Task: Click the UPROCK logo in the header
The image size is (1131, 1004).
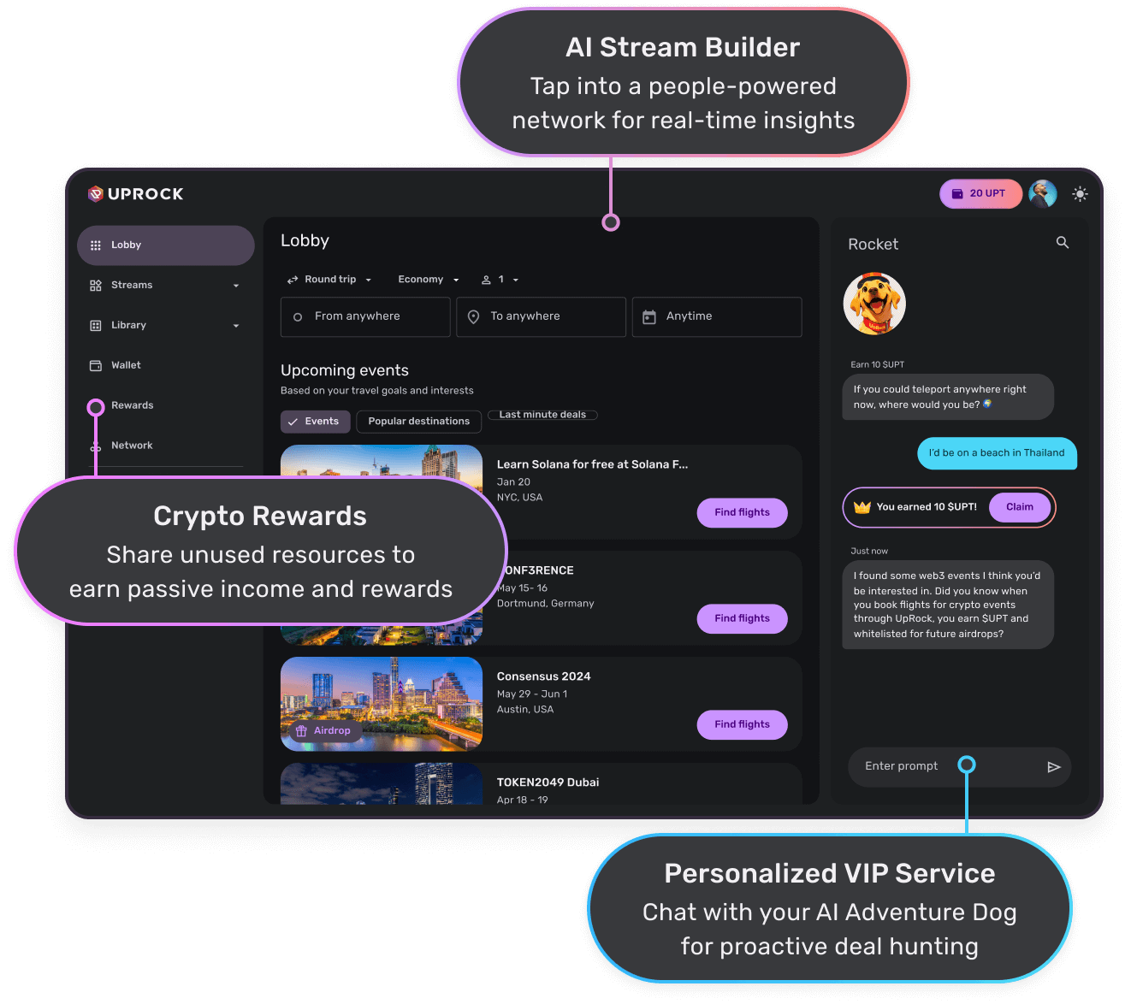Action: (x=136, y=194)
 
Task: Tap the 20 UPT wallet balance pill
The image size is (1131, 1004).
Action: (x=980, y=194)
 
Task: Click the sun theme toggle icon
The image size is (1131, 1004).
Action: (x=1080, y=194)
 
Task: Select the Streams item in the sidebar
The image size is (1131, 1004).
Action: (x=132, y=286)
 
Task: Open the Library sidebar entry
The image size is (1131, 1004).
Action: (x=128, y=326)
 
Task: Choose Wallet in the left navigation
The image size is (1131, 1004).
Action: (x=126, y=366)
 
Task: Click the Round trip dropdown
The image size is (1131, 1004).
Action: (x=329, y=280)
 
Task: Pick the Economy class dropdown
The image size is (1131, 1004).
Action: (x=428, y=280)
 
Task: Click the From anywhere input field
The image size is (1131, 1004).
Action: (x=365, y=316)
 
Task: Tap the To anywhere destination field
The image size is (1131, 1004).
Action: (x=541, y=316)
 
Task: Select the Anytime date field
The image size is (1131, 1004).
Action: (x=716, y=316)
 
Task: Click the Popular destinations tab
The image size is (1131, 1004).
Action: (x=418, y=422)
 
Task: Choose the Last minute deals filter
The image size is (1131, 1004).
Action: (x=542, y=415)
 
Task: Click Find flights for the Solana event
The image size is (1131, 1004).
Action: (x=742, y=513)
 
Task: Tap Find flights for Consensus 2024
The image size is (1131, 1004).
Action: (x=742, y=725)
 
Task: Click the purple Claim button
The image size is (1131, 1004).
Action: (x=1019, y=507)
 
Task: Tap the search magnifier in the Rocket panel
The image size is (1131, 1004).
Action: (x=1063, y=243)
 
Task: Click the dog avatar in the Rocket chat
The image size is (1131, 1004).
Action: (x=874, y=304)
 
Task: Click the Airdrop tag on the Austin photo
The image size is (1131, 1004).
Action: (x=323, y=731)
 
